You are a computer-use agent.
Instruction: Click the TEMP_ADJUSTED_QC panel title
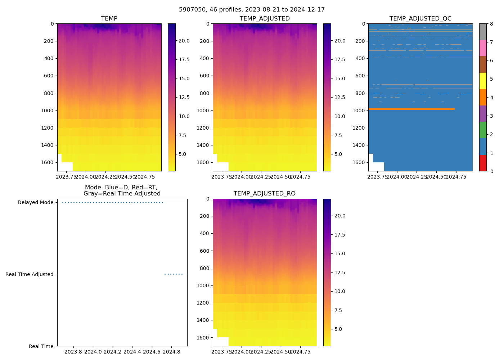click(420, 19)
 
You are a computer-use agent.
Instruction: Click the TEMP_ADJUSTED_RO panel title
click(265, 194)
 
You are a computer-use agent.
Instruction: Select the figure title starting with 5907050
click(252, 10)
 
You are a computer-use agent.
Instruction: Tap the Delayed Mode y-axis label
click(35, 202)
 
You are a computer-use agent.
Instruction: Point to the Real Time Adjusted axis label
click(30, 274)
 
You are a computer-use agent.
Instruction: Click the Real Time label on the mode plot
click(41, 346)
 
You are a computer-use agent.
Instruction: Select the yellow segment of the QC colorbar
click(483, 81)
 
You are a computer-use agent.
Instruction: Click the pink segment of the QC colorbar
click(483, 48)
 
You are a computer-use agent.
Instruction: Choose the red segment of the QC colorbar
click(483, 163)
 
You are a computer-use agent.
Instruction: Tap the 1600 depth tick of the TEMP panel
click(47, 162)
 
